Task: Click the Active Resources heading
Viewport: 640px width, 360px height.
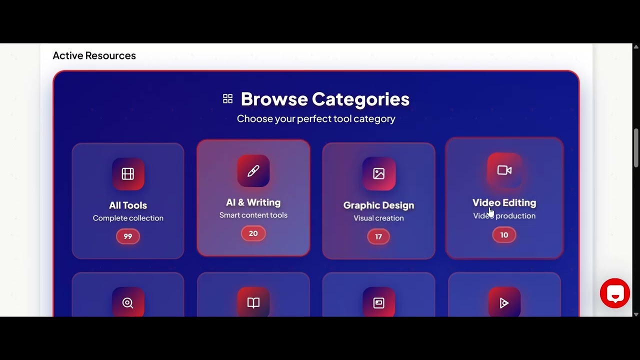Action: click(94, 55)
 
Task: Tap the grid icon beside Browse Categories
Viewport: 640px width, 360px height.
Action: click(228, 99)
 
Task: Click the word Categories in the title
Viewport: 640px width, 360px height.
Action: click(360, 99)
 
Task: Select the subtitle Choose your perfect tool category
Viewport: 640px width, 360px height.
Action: click(316, 119)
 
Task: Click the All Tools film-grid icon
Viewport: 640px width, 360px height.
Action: click(128, 173)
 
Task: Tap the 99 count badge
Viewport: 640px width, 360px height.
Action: click(128, 236)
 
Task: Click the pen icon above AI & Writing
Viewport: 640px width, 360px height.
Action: click(253, 171)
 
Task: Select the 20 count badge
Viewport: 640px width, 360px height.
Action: click(253, 233)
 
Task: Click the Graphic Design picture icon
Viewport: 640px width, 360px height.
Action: click(379, 173)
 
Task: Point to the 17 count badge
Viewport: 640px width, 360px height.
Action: click(378, 236)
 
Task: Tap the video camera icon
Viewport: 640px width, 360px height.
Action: click(504, 170)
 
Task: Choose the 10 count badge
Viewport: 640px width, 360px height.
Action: click(504, 235)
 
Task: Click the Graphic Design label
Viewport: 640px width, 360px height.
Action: click(378, 205)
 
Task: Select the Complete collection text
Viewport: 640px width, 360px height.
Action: click(128, 218)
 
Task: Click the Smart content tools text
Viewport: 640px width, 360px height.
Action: click(253, 215)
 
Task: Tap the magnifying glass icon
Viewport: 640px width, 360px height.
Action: click(128, 303)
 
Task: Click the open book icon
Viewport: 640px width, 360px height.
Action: click(253, 303)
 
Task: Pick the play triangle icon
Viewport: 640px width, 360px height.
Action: click(504, 303)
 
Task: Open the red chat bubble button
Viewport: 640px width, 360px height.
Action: click(615, 293)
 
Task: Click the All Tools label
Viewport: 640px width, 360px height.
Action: click(128, 205)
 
